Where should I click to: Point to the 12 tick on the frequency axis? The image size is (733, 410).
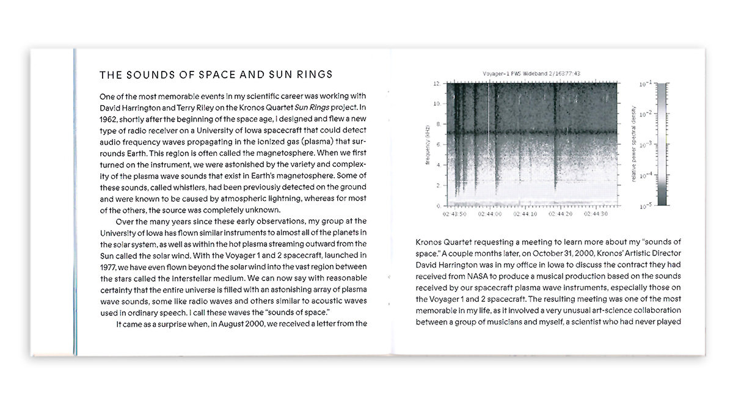437,83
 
